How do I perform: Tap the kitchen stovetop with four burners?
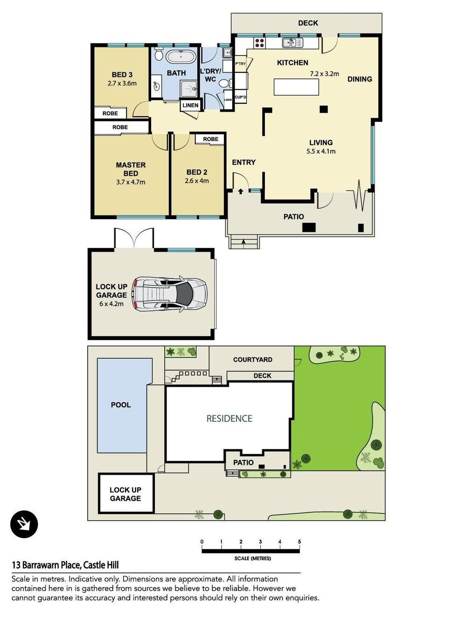coord(260,43)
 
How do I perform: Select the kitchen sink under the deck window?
coord(292,43)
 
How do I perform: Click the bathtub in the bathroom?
coord(181,57)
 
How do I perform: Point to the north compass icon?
coord(24,525)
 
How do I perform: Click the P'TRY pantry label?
coord(241,64)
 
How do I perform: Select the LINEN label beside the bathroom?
coord(190,105)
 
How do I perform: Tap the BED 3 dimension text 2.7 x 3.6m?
coord(122,83)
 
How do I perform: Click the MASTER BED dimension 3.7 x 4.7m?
coord(131,182)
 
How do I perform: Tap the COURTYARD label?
coord(252,360)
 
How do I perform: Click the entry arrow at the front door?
coord(241,191)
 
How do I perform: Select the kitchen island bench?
coord(296,87)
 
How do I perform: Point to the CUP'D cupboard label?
coord(240,97)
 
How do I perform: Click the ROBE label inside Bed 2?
coord(210,139)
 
